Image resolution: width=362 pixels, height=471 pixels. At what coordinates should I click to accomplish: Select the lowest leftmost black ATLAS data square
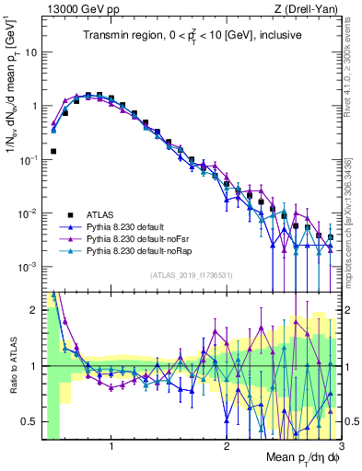click(53, 151)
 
